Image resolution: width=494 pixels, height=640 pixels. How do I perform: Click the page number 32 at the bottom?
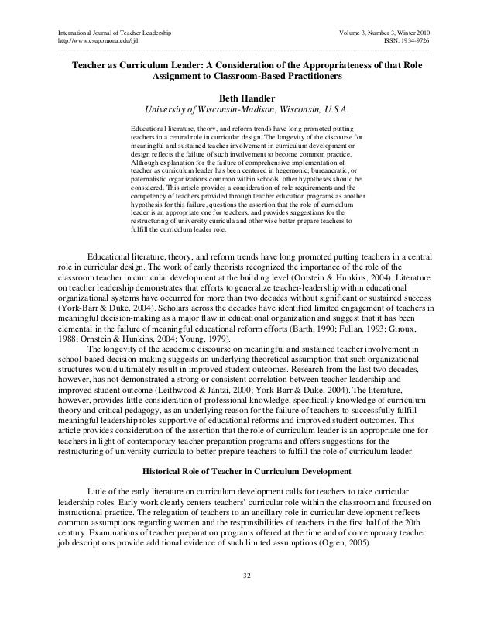(247, 576)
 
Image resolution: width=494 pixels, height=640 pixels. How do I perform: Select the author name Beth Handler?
(247, 98)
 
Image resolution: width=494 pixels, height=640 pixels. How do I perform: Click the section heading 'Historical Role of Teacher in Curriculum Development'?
(247, 471)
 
